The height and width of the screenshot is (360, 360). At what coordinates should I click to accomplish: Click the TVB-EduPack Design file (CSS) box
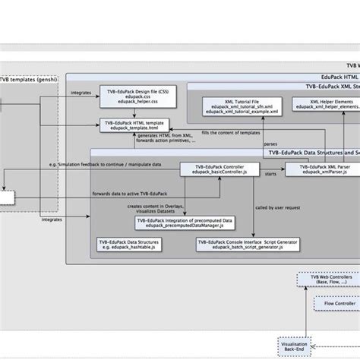point(127,96)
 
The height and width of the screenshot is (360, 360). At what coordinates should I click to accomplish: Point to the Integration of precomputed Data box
point(185,223)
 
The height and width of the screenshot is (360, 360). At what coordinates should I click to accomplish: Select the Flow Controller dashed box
point(335,304)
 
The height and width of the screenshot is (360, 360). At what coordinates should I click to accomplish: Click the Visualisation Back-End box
point(296,346)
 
